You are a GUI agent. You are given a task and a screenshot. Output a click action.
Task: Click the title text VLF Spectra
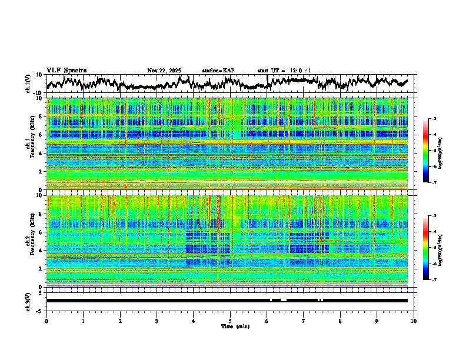pyautogui.click(x=66, y=70)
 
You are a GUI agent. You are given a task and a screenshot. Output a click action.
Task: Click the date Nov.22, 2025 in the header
pyautogui.click(x=164, y=71)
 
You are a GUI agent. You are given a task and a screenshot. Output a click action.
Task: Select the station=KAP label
pyautogui.click(x=218, y=71)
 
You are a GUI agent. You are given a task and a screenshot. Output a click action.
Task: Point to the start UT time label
pyautogui.click(x=284, y=71)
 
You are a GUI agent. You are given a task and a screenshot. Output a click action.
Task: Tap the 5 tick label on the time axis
pyautogui.click(x=230, y=321)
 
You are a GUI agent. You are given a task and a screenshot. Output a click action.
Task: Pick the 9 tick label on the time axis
pyautogui.click(x=377, y=321)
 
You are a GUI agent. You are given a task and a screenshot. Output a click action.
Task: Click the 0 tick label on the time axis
pyautogui.click(x=46, y=321)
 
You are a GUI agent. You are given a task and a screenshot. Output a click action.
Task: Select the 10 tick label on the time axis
pyautogui.click(x=414, y=321)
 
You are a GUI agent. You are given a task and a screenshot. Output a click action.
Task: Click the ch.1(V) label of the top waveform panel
pyautogui.click(x=28, y=84)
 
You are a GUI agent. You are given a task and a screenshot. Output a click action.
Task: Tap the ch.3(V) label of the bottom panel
pyautogui.click(x=28, y=301)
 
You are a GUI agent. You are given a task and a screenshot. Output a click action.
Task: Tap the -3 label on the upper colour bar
pyautogui.click(x=434, y=119)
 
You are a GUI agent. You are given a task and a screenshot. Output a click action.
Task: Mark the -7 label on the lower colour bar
pyautogui.click(x=434, y=280)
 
